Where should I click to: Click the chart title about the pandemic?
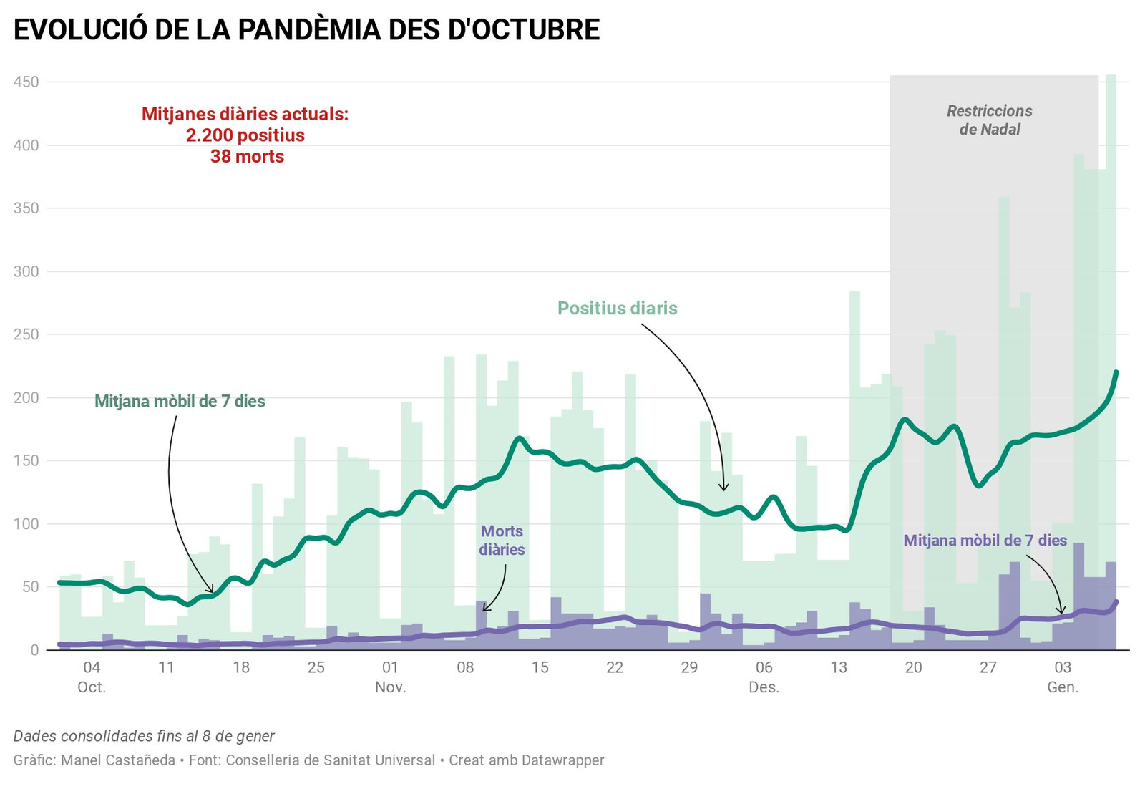(306, 30)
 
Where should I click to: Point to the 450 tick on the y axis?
(26, 82)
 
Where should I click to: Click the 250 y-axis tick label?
(26, 334)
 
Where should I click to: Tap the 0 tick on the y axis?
(34, 650)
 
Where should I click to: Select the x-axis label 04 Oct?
(92, 677)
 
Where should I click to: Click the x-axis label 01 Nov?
(390, 677)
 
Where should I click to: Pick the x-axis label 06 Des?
(764, 677)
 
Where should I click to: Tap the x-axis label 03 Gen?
(1063, 677)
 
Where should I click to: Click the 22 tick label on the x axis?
(615, 668)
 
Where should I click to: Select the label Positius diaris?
(617, 309)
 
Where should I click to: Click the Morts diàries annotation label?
(502, 541)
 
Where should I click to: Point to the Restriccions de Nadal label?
(990, 120)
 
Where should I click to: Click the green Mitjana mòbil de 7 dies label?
(180, 402)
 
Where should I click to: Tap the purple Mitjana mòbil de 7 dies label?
(985, 541)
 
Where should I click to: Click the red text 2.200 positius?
(245, 135)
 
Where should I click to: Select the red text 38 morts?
(247, 157)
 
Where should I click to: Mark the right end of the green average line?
(1116, 372)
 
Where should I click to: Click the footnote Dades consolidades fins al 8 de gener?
(144, 736)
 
